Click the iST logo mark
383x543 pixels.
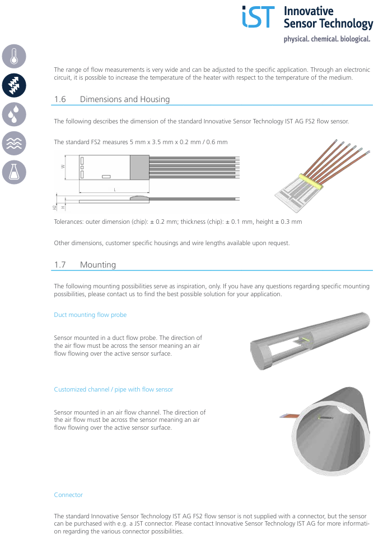tap(258, 17)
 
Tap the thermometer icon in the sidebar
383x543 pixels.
tap(14, 56)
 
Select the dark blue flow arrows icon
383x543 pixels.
tap(14, 85)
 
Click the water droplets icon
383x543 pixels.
tap(14, 114)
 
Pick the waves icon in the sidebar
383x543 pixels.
tap(14, 144)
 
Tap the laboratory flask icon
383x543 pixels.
tap(14, 172)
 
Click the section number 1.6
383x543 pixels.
tap(60, 99)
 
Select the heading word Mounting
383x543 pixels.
tap(98, 265)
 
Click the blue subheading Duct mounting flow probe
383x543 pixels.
tap(90, 315)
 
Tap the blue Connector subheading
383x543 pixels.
tap(68, 495)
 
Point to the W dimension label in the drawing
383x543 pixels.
tap(63, 167)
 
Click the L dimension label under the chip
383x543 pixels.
tap(115, 190)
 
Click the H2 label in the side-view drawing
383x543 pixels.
tap(54, 208)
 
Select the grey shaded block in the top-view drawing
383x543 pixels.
tap(139, 167)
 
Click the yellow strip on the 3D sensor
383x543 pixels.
tap(311, 181)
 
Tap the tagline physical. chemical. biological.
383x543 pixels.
tap(327, 39)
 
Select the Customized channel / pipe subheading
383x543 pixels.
tap(113, 390)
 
